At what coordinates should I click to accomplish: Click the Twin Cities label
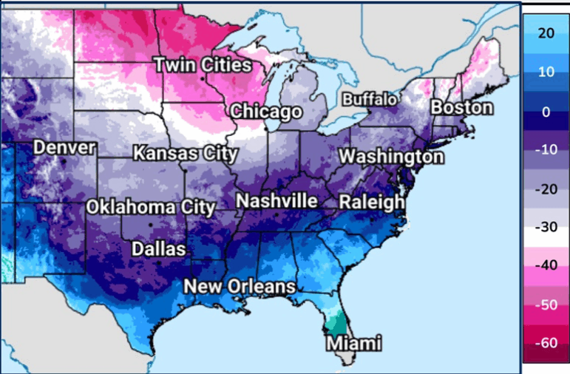point(203,65)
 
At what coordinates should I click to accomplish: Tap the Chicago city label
point(266,112)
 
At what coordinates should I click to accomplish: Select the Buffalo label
point(370,99)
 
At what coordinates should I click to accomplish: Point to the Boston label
point(461,108)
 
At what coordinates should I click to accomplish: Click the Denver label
point(64,148)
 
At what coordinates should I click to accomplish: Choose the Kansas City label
point(185,154)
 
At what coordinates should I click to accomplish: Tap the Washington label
point(391,157)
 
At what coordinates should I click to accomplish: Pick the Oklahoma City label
point(151,207)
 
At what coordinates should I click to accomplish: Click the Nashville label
point(276,201)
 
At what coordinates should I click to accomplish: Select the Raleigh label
point(372,202)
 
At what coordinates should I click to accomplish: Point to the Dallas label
point(158,249)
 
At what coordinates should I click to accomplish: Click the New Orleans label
point(240,287)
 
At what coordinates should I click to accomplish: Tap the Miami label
point(355,344)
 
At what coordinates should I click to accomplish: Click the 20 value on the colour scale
point(546,33)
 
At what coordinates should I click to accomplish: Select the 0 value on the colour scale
point(546,112)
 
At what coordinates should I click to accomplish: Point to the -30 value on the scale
point(546,228)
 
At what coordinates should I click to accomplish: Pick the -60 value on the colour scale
point(546,344)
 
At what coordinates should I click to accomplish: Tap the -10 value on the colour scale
point(546,150)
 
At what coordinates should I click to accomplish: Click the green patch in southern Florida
point(336,322)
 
